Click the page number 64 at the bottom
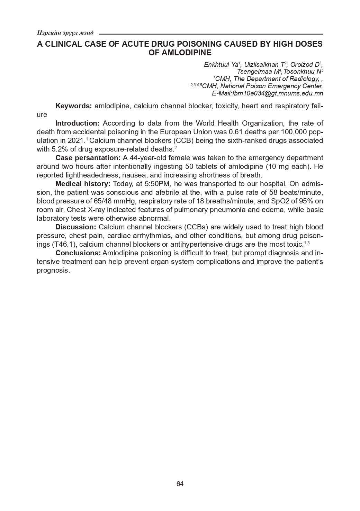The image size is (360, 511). coord(180,484)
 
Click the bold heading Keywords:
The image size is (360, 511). coord(74,106)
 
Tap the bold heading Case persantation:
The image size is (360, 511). coord(88,158)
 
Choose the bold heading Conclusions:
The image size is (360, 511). coord(78,253)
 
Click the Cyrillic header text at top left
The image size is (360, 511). coord(65,33)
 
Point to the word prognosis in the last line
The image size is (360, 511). coord(53,270)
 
